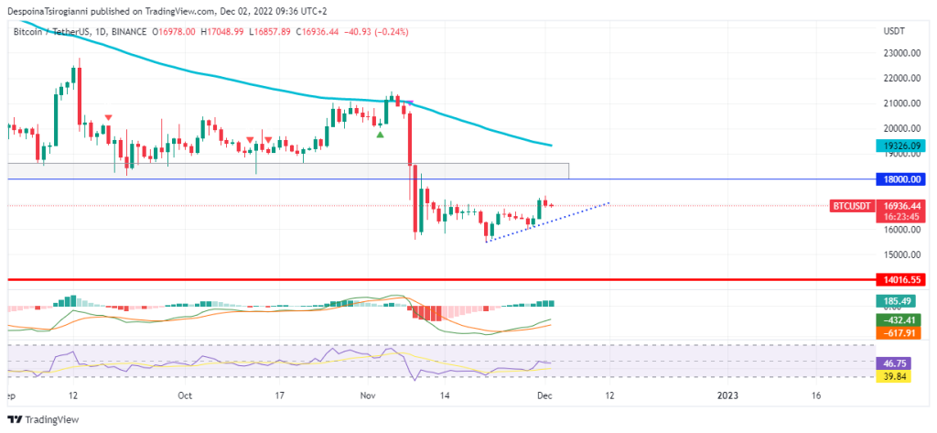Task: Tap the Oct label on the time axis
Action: pyautogui.click(x=185, y=395)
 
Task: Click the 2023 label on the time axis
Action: pyautogui.click(x=727, y=395)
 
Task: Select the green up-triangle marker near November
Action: pyautogui.click(x=380, y=135)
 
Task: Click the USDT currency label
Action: pyautogui.click(x=894, y=31)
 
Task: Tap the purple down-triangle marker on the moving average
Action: pyautogui.click(x=409, y=103)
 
